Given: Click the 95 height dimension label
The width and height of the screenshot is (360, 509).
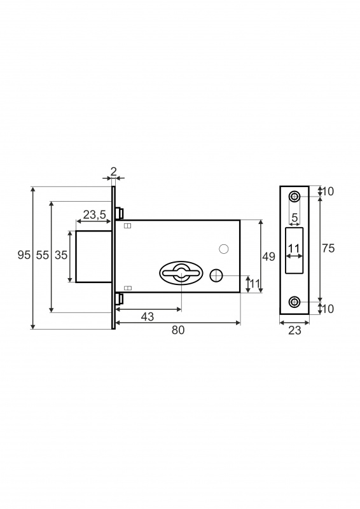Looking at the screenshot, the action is coord(24,255).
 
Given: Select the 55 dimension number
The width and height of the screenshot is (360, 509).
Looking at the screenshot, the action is coord(42,255).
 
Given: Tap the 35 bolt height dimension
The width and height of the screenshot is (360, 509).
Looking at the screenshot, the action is coord(60,255).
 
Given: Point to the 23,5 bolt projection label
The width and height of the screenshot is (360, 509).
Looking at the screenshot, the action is coord(95,214).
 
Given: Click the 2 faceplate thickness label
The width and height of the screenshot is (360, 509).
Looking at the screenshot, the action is coord(113,171).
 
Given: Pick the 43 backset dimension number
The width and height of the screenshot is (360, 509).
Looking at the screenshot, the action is coord(148,316).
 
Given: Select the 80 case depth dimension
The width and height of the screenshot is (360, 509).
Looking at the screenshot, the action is coord(178,330).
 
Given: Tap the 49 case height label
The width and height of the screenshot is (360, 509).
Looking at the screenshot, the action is coord(268,256).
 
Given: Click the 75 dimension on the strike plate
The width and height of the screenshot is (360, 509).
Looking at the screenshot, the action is coord(328,248).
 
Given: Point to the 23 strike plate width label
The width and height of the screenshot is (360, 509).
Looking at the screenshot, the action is coord(294,330).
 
